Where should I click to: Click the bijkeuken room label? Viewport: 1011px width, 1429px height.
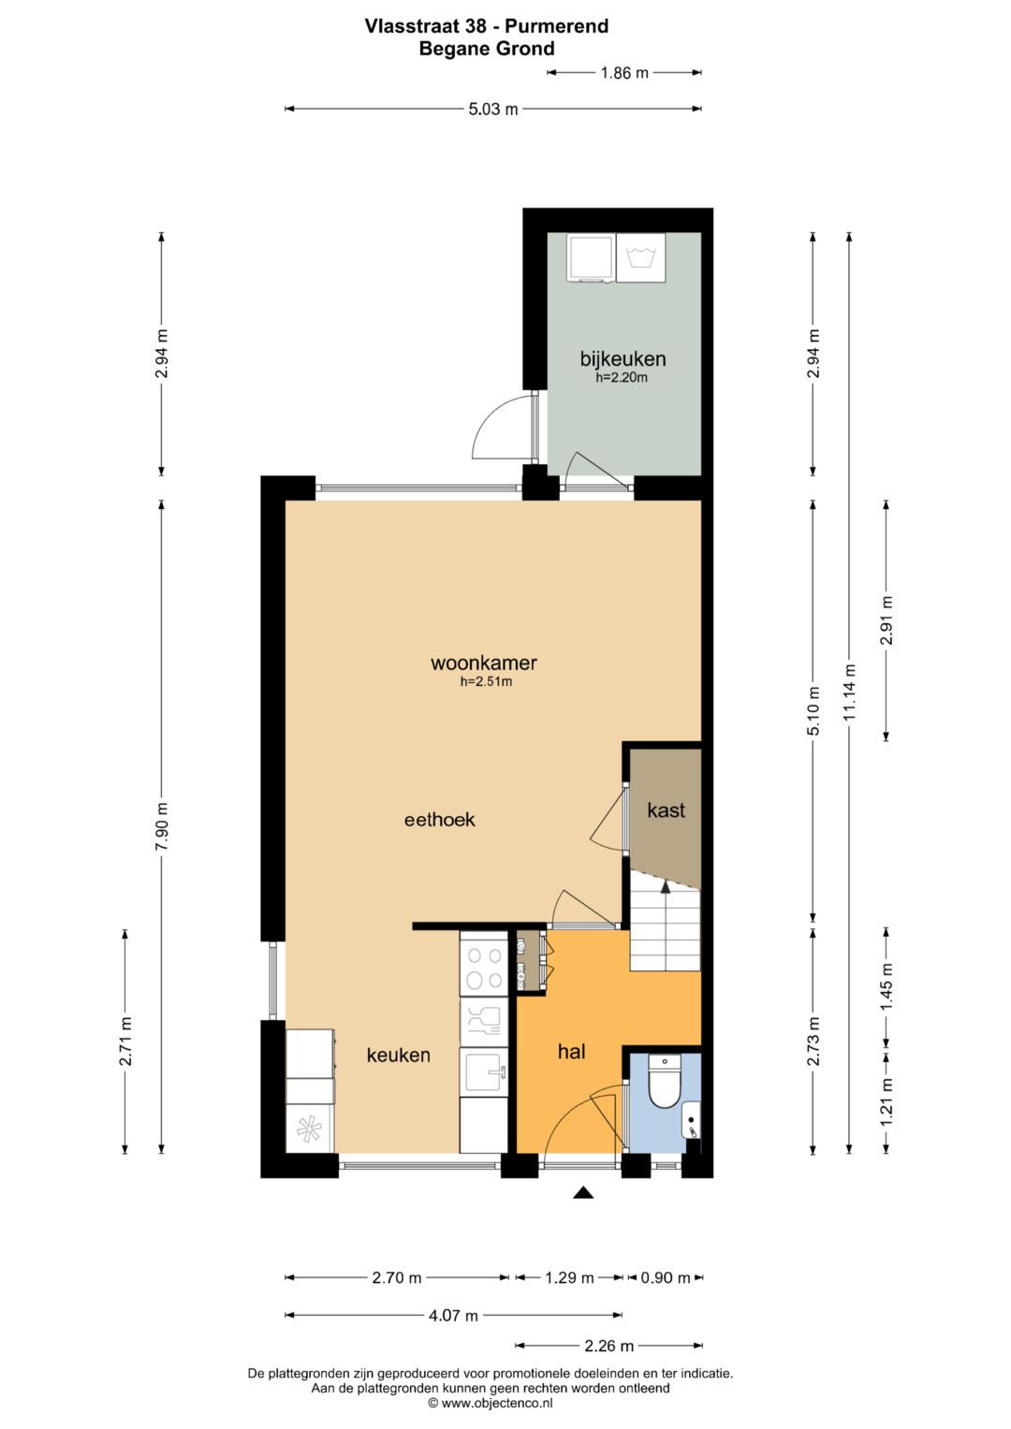coord(623,358)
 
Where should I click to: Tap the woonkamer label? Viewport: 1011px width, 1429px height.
coord(484,663)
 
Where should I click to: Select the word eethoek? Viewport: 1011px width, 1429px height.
coord(440,819)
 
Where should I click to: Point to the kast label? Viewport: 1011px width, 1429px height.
coord(666,810)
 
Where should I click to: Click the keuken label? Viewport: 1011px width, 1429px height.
coord(398,1056)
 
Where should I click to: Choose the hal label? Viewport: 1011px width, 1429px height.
coord(571,1051)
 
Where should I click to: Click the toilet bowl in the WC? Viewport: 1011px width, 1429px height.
coord(665,1082)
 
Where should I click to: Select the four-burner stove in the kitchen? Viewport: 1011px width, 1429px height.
coord(484,969)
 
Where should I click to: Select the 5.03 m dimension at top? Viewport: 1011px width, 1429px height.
coord(493,109)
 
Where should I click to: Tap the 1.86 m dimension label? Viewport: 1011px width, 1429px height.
coord(624,73)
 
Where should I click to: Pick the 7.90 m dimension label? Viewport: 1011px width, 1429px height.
coord(162,825)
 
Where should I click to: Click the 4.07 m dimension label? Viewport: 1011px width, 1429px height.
coord(453,1315)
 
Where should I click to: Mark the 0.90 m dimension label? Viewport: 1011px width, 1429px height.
coord(666,1277)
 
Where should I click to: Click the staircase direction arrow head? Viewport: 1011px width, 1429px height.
coord(665,886)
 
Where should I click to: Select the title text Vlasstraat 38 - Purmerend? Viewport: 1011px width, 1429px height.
coord(487,26)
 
